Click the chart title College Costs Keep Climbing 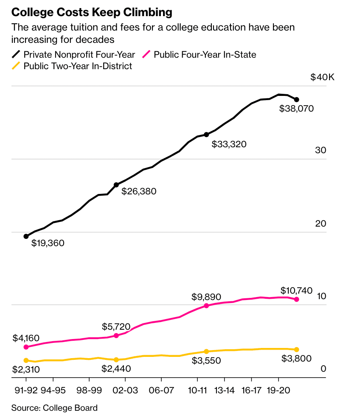[x=92, y=12]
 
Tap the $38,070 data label [x=296, y=109]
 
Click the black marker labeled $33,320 [x=206, y=135]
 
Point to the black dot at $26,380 [x=116, y=185]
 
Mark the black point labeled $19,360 [x=26, y=236]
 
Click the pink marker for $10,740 [x=297, y=300]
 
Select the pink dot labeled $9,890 [x=206, y=306]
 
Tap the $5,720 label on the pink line [x=116, y=327]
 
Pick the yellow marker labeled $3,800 [x=297, y=350]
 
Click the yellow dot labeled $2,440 [x=116, y=360]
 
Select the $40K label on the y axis [x=323, y=78]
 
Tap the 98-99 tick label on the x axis [x=89, y=390]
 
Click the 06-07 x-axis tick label [x=161, y=390]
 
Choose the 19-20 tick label [x=278, y=390]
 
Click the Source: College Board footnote [x=54, y=408]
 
